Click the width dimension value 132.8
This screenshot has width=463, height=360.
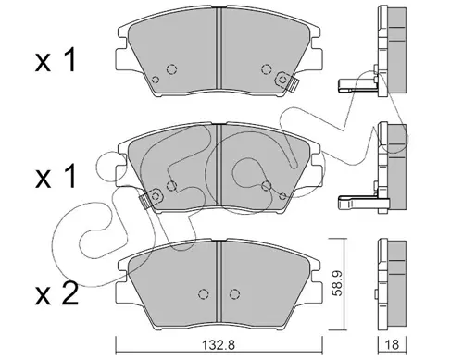coord(218,344)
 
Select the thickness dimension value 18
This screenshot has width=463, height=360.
coord(392,344)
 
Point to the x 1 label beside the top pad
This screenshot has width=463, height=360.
coord(56,61)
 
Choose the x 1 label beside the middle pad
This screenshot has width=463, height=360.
coord(56,176)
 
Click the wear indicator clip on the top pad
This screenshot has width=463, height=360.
coord(287,81)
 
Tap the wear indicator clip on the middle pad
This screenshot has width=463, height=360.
coord(151,198)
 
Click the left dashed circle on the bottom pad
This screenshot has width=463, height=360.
coord(203,293)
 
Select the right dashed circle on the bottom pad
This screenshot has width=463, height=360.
coord(234,293)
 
